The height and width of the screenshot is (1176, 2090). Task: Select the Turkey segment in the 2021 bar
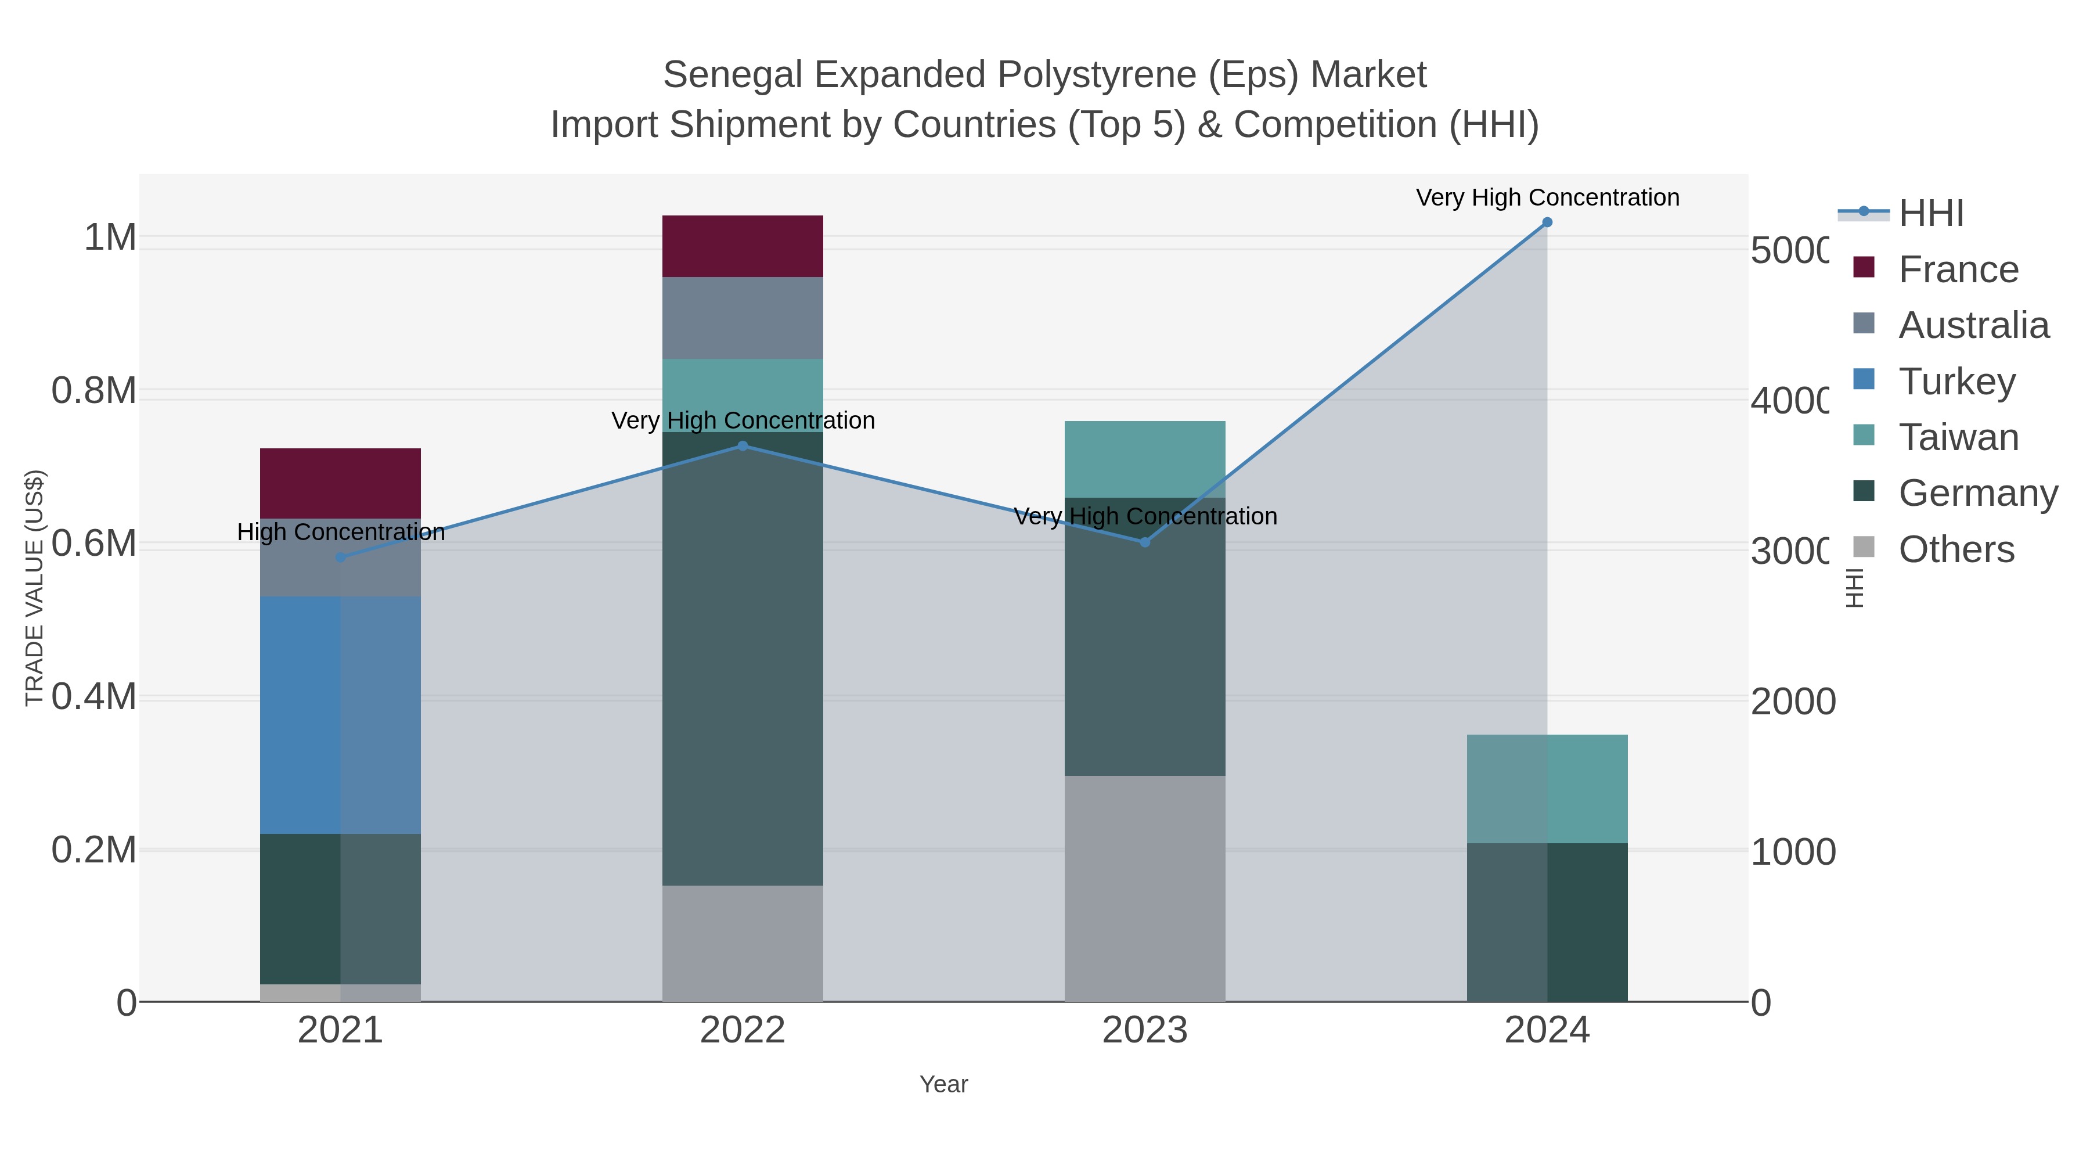pos(340,714)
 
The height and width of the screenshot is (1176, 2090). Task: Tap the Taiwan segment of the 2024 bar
pos(1547,788)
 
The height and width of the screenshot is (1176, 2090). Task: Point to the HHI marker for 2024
pos(1547,222)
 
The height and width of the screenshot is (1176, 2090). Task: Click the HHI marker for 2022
pos(743,445)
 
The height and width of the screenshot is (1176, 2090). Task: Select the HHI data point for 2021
pos(341,558)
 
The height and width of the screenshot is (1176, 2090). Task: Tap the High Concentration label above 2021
pos(341,533)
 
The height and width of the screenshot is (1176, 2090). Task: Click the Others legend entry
pos(1955,549)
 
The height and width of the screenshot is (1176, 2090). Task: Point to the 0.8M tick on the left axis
pos(93,390)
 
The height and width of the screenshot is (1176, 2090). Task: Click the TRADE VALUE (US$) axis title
pos(34,588)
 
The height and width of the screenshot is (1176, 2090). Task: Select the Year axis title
pos(943,1084)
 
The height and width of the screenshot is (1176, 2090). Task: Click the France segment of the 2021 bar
pos(340,483)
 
